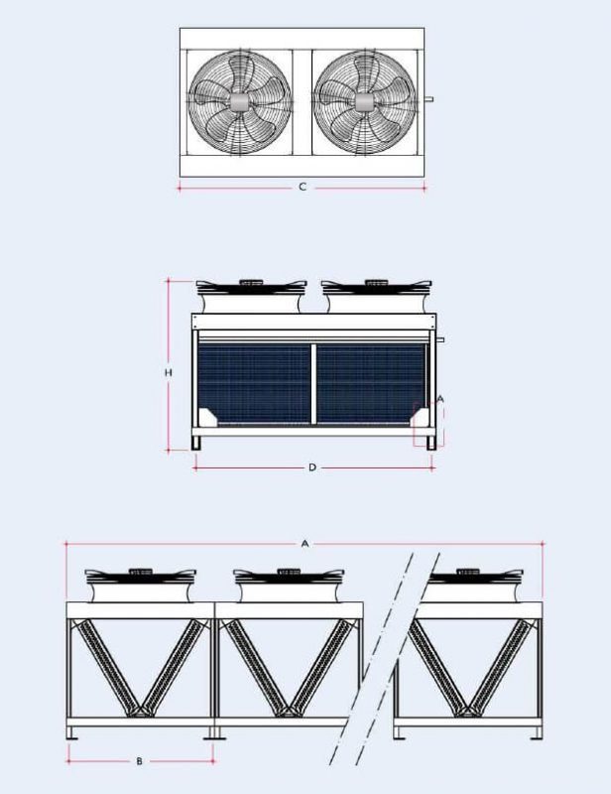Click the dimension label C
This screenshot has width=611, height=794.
[x=303, y=187]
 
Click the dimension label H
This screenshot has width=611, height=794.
[x=169, y=373]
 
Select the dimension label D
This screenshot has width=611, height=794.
[x=312, y=467]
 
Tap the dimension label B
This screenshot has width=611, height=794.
[x=140, y=761]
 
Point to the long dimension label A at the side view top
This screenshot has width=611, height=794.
[x=305, y=544]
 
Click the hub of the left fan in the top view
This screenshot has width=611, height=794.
[x=239, y=102]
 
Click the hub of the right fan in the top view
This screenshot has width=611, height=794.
[x=364, y=102]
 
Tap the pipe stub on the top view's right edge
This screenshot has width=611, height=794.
[x=428, y=100]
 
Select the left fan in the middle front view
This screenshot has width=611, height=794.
[x=251, y=295]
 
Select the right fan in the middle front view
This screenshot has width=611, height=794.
[x=377, y=295]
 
